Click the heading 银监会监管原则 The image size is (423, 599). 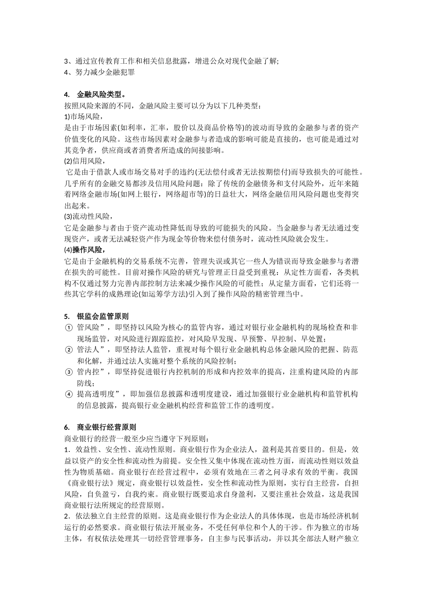[x=102, y=316]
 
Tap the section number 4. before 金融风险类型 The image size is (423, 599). [x=67, y=94]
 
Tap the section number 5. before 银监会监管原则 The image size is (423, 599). [x=67, y=316]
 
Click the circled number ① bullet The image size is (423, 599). [x=69, y=328]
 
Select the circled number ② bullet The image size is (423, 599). [x=69, y=350]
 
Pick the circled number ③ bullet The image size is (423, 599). [x=69, y=372]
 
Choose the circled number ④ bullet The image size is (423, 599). [x=69, y=394]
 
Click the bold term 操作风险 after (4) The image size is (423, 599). [x=87, y=250]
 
